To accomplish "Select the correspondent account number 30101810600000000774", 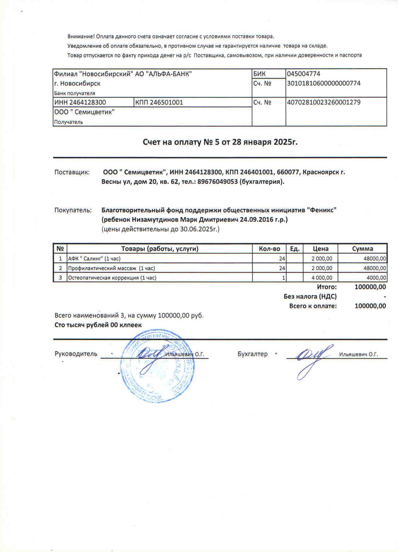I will (x=324, y=83).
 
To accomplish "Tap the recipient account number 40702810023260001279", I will (x=324, y=102).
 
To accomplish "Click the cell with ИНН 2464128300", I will (x=80, y=102).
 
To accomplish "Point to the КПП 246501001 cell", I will (x=159, y=102).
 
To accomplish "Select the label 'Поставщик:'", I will (x=72, y=172).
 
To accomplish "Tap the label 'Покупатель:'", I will (x=73, y=210).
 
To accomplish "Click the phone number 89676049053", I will (x=217, y=182).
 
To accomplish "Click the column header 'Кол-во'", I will (x=269, y=249).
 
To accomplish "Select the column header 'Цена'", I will (x=321, y=249).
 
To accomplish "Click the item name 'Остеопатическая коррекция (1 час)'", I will (x=112, y=278).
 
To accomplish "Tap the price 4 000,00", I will (x=322, y=278).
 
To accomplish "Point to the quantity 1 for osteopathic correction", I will (x=284, y=278).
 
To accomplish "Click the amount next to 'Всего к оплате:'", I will (x=370, y=306).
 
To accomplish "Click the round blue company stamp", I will (x=156, y=365).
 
